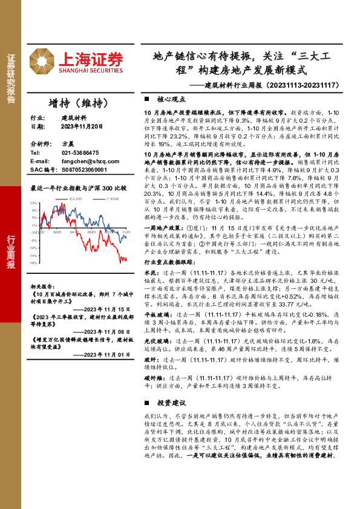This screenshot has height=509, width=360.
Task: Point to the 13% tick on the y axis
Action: [34, 204]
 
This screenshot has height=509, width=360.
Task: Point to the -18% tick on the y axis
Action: [34, 263]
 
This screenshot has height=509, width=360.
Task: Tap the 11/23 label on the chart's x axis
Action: [126, 232]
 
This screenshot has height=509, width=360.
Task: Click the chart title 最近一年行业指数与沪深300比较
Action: [79, 188]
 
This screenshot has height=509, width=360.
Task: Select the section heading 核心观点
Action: [170, 99]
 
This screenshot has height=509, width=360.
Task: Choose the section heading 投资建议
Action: [170, 402]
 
